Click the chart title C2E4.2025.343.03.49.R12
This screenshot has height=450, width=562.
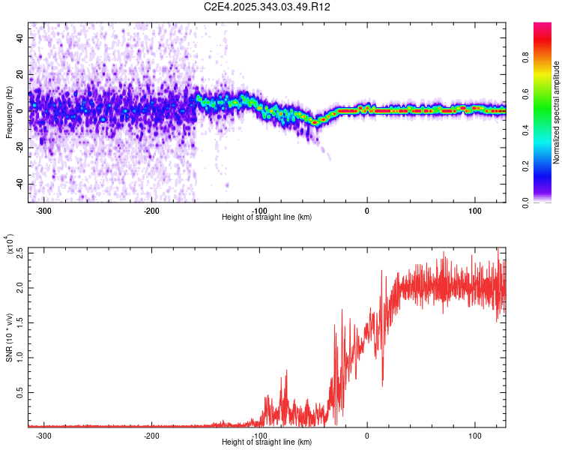tap(268, 7)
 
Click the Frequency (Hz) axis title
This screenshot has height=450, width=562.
tap(9, 112)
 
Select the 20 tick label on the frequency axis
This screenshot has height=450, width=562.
tap(20, 73)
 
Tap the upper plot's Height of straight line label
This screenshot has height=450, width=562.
tap(268, 217)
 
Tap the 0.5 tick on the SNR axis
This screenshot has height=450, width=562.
tap(20, 392)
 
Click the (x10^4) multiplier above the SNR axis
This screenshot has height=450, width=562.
tap(9, 244)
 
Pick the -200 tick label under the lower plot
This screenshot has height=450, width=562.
tap(151, 436)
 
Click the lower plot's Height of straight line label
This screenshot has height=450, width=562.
tap(268, 442)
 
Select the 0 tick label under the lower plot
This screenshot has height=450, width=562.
tap(367, 436)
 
